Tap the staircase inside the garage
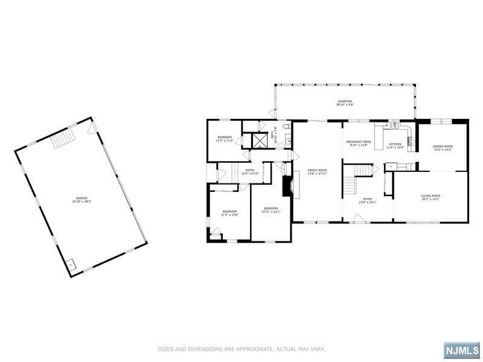click(62, 140)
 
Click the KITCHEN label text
click(395, 145)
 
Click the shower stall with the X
click(260, 141)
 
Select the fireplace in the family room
click(287, 183)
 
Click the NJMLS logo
click(461, 350)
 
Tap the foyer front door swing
click(360, 218)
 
